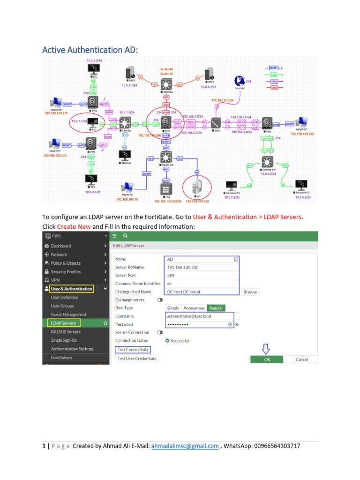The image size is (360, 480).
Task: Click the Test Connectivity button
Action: [133, 350]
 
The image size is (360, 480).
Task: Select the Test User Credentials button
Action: [137, 359]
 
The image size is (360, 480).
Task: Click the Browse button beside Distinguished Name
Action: [250, 292]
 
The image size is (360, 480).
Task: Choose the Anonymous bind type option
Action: [194, 308]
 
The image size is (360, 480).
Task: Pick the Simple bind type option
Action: [173, 308]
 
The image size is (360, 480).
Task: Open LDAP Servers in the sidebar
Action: [63, 323]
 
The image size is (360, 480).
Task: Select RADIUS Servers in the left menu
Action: [66, 332]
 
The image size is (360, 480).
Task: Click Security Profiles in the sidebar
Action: [66, 271]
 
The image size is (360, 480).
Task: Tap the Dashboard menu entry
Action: [61, 246]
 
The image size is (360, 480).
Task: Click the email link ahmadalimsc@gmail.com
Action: [185, 446]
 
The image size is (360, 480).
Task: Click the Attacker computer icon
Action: [124, 155]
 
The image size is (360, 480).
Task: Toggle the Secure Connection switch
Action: [160, 332]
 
